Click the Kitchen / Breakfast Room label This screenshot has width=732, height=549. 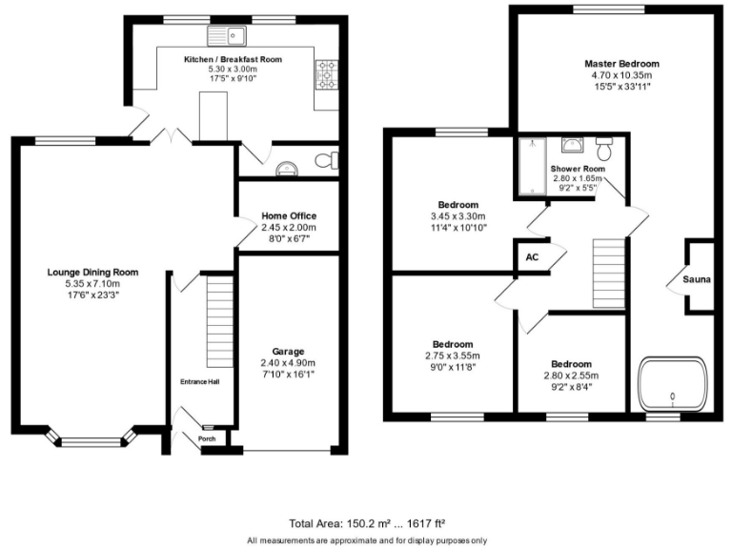click(233, 59)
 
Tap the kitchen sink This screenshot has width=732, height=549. click(227, 37)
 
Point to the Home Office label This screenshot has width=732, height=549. click(288, 216)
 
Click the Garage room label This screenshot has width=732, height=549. click(287, 352)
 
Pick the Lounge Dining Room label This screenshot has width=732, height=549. click(92, 272)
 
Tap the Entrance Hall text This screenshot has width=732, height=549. click(200, 382)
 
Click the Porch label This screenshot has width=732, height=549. click(206, 439)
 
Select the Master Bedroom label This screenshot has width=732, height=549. click(621, 64)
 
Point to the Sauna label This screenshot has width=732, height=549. click(697, 279)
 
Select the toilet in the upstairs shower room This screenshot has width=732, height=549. click(603, 148)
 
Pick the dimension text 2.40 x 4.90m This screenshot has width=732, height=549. click(287, 363)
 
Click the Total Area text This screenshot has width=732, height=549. click(367, 523)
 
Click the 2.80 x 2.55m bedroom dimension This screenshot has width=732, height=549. click(570, 376)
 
